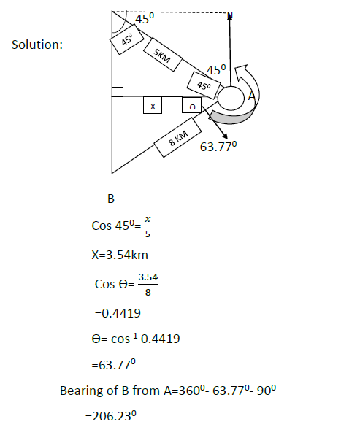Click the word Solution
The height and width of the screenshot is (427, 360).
point(37,45)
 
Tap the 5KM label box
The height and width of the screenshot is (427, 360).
point(163,55)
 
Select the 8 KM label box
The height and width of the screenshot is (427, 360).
point(178,137)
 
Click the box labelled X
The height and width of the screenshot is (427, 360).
point(153,105)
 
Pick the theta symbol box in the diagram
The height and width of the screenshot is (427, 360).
point(192,105)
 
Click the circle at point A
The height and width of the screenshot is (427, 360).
point(231,98)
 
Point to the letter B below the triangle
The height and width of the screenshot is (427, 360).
point(111,199)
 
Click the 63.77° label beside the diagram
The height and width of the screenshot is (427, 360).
point(218,147)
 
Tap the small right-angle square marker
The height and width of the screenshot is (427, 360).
point(118,92)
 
